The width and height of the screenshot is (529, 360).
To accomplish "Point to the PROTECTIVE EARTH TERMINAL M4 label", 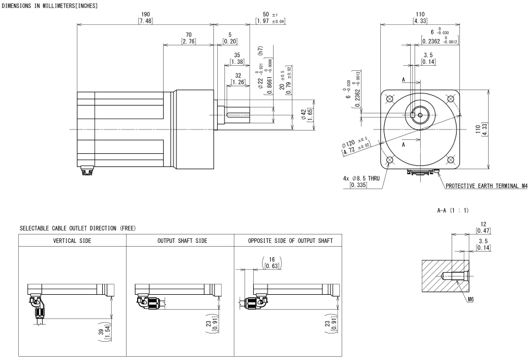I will pyautogui.click(x=485, y=186).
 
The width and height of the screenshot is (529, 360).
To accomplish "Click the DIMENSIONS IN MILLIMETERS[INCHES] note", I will pyautogui.click(x=50, y=5).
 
